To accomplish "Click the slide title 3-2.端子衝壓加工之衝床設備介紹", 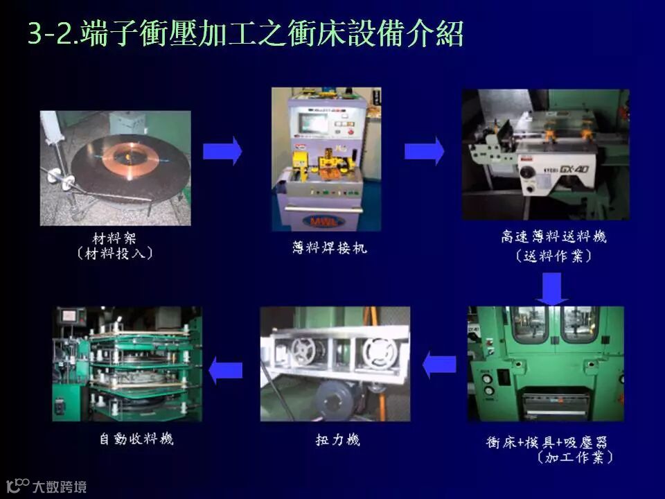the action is tap(245, 33).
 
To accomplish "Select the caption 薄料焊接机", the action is tap(329, 247).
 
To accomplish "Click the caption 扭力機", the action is tap(337, 439).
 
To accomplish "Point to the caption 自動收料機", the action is tap(136, 438).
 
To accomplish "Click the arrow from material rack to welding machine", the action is tap(222, 151).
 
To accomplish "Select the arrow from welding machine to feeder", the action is tap(424, 151).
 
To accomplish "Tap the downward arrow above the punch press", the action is tap(552, 288).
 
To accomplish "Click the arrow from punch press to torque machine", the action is tap(439, 365).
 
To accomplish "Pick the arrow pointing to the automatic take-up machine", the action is tap(226, 370).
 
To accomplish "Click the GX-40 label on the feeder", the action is tap(574, 169).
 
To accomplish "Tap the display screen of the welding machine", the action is tap(313, 123).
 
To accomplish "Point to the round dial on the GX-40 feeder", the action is tap(528, 173).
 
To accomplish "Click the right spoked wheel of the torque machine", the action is tap(380, 353).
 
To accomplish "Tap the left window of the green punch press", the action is tap(530, 324).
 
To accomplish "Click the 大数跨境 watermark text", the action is tap(60, 487).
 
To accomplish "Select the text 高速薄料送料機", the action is tap(554, 237).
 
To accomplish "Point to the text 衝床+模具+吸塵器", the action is tap(547, 442).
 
